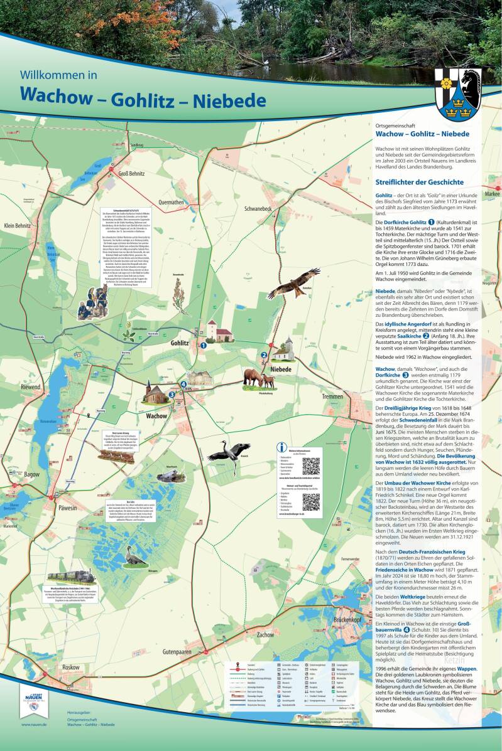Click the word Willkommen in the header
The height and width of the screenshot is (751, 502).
58,75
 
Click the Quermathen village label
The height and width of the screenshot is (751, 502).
172,202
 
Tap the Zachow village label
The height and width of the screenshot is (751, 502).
265,634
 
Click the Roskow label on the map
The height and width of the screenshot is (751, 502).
70,667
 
